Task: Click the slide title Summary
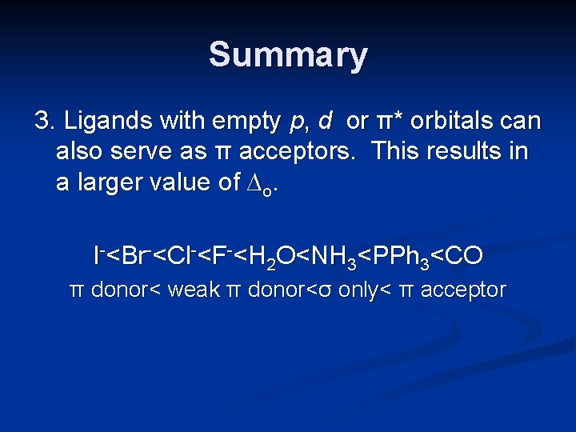[x=288, y=56]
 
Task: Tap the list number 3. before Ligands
[x=45, y=122]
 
